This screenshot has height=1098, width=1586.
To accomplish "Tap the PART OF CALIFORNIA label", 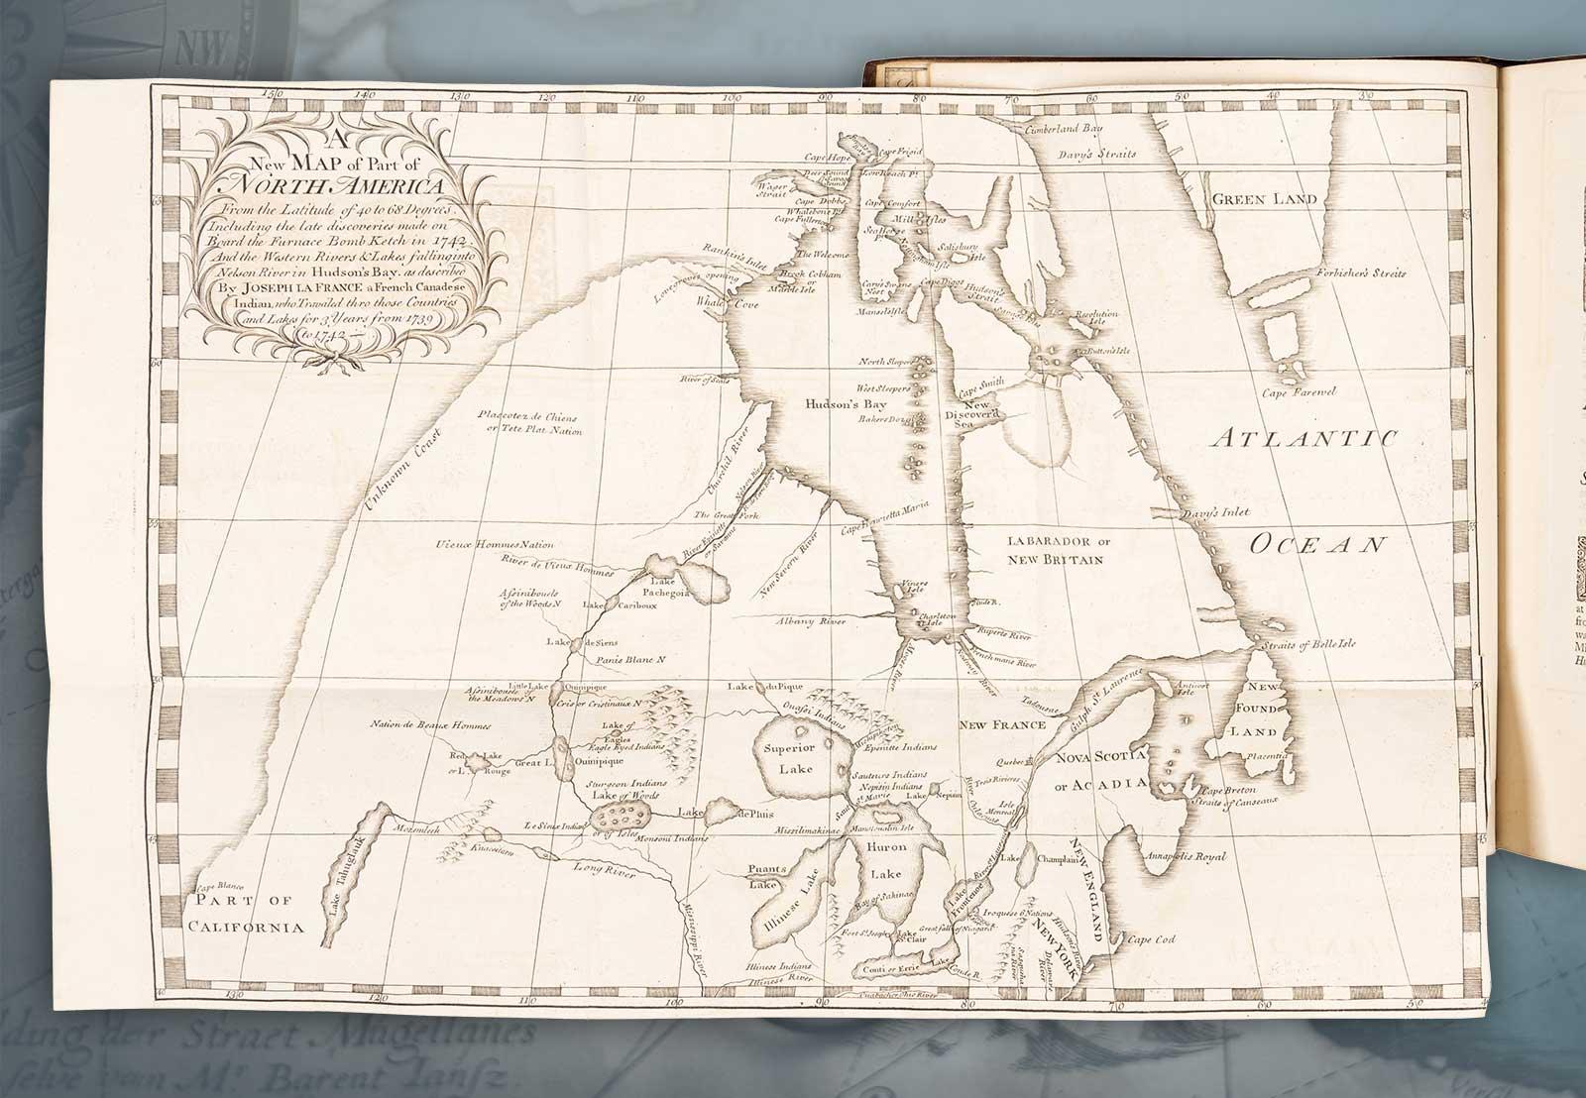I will (248, 914).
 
